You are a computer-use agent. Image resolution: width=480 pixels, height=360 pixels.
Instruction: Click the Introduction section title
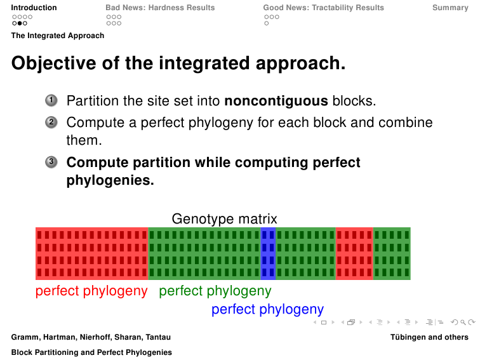pos(34,8)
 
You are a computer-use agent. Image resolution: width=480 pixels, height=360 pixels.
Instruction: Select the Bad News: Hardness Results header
pos(160,8)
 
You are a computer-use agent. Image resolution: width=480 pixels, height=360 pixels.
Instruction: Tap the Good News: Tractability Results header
pos(324,8)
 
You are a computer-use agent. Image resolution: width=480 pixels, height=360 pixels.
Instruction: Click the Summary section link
pos(450,8)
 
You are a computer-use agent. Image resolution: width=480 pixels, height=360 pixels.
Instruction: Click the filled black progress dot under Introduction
pos(20,23)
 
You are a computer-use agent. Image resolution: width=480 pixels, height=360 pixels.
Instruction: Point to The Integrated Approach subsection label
pos(58,36)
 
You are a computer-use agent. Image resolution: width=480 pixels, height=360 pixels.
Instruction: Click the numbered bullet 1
pos(51,100)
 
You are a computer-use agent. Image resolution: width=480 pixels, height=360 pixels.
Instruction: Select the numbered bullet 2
pos(51,123)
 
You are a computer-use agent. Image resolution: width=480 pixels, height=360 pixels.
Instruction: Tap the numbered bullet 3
pos(51,162)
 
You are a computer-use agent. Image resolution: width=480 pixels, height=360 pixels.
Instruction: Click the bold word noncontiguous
pos(276,101)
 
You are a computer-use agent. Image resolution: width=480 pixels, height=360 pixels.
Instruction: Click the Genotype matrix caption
pos(224,219)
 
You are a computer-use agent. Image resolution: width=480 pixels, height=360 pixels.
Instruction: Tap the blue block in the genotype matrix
pos(268,253)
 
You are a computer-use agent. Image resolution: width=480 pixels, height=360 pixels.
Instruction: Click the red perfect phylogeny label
pos(91,291)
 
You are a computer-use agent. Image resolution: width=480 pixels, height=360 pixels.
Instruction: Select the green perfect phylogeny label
pos(215,291)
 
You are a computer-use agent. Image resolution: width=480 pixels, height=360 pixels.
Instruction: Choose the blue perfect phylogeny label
pos(267,309)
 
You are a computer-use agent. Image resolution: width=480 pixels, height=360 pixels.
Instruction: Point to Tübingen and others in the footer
pos(429,337)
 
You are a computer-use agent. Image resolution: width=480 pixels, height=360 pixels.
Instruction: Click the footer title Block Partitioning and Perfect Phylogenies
pos(91,352)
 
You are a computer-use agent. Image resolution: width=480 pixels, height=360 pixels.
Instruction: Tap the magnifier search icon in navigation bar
pos(463,322)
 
